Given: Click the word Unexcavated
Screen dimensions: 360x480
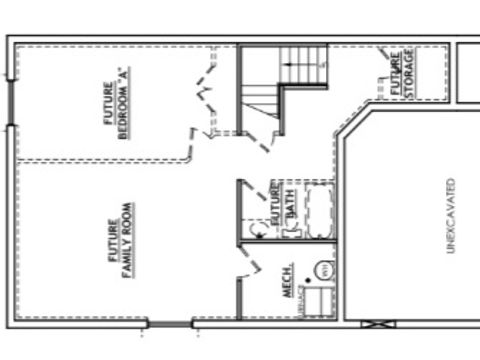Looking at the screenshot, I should click(451, 214).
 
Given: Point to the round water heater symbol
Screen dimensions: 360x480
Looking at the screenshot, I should click(323, 271).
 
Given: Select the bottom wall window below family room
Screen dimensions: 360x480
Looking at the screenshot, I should click(171, 323).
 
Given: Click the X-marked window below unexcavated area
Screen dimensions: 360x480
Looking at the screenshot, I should click(377, 323).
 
